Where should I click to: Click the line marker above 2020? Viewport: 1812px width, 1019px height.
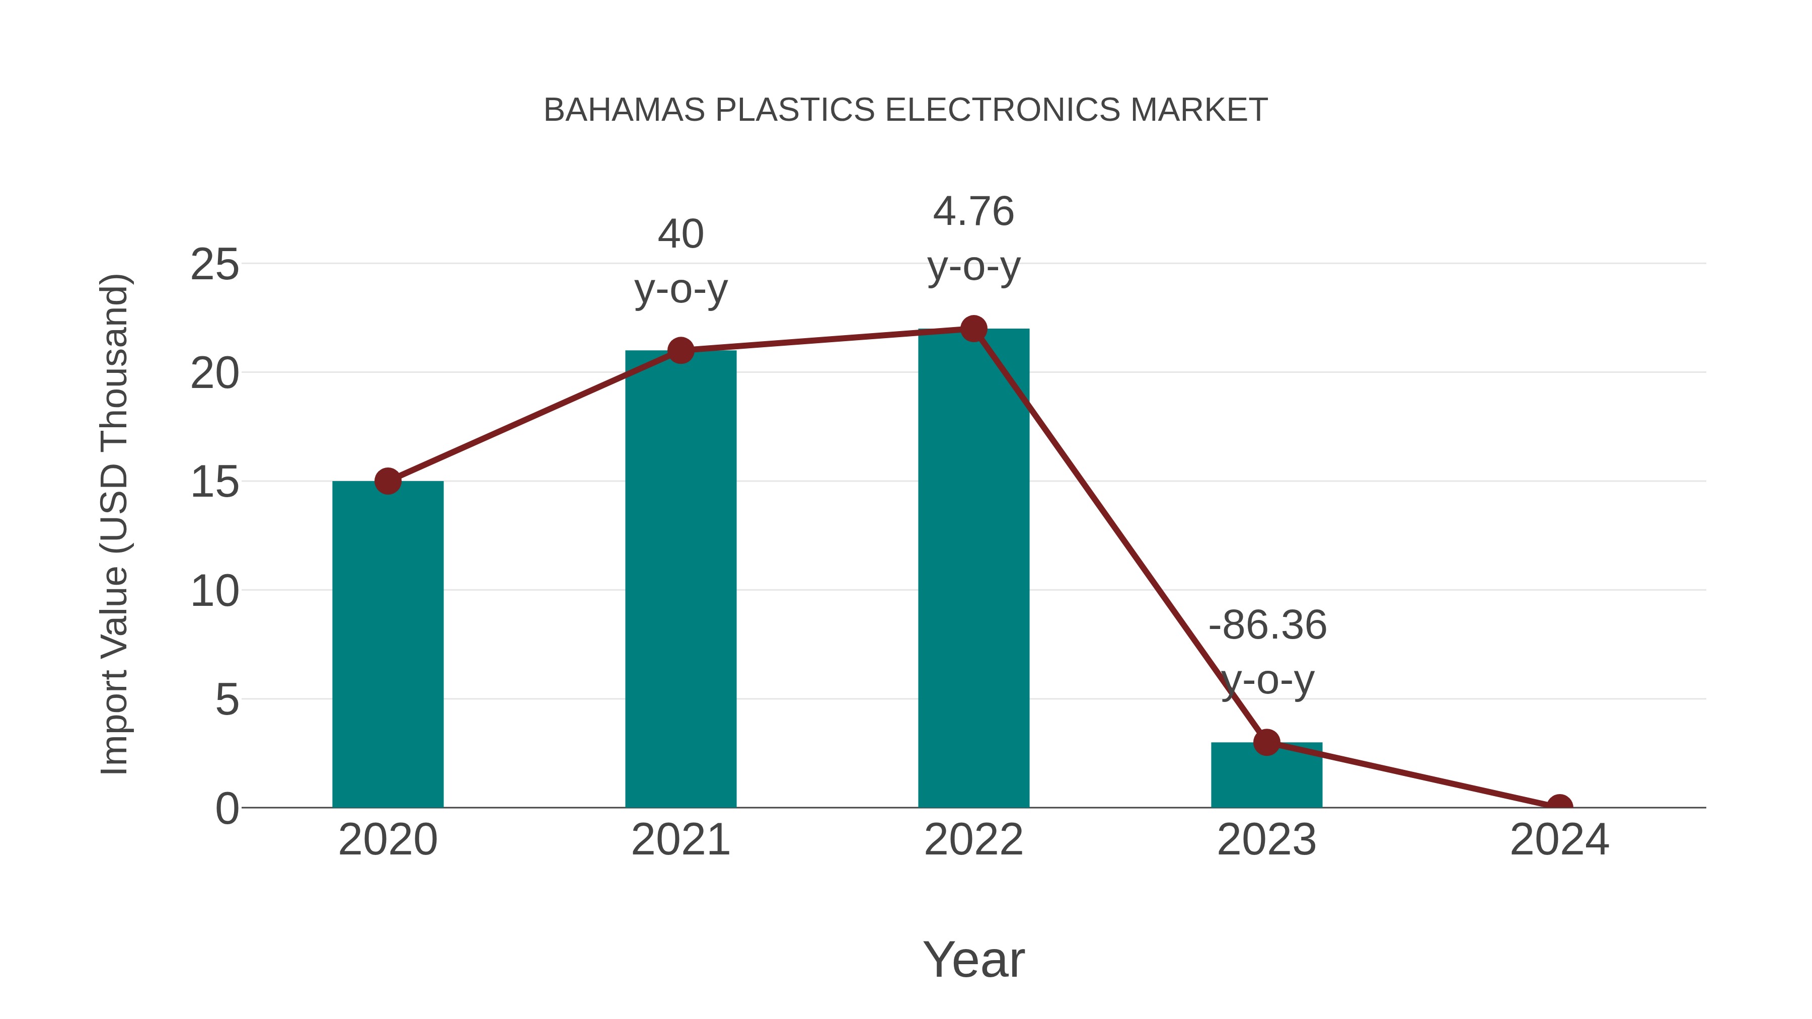(x=388, y=481)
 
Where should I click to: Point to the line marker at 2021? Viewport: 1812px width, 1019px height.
(x=680, y=350)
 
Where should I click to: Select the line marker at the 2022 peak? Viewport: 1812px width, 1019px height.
(x=973, y=329)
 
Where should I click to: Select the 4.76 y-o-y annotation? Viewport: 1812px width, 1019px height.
(x=973, y=239)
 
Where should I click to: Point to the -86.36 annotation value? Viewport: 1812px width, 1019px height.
(x=1267, y=625)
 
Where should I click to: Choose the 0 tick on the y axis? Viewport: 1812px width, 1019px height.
(x=226, y=809)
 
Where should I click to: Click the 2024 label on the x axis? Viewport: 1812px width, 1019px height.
(x=1559, y=840)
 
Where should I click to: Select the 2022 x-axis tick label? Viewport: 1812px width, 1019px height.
(x=973, y=840)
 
